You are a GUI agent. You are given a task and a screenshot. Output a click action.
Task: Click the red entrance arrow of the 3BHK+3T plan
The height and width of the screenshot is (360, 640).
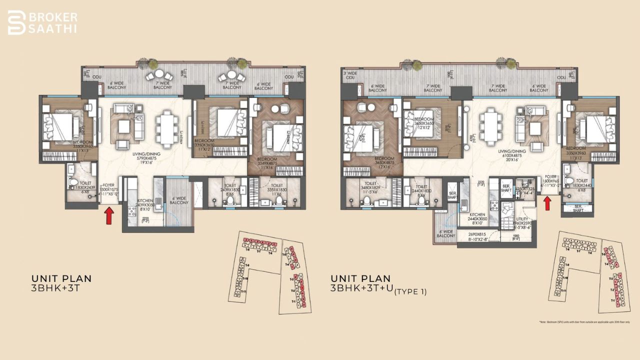pos(109,216)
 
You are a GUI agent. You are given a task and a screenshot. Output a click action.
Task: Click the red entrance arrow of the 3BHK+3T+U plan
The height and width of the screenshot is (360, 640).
pos(547,203)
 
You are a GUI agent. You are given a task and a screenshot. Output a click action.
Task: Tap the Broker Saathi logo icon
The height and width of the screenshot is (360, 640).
pos(16,22)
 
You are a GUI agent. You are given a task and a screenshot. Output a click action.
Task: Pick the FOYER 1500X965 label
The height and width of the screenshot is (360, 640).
pos(550,180)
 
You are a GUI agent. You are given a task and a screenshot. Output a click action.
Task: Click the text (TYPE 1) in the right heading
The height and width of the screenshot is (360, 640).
pos(410,291)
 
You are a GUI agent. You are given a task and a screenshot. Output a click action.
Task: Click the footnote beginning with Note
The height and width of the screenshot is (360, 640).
pos(583,321)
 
